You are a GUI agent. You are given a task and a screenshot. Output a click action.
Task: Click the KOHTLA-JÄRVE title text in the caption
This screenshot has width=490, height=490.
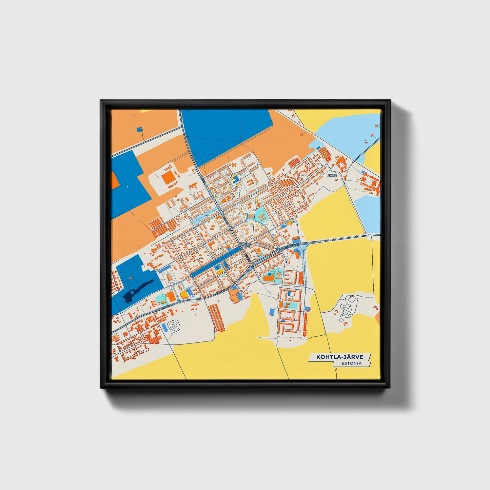[339, 357]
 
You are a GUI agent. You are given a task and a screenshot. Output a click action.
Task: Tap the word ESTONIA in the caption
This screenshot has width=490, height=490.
[352, 364]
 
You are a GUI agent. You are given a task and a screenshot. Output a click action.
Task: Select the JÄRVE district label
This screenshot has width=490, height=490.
[332, 176]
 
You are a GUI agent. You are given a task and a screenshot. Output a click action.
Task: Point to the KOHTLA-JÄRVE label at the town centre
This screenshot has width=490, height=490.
[244, 244]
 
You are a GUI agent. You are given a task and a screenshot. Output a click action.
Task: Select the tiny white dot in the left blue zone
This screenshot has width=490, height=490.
[128, 187]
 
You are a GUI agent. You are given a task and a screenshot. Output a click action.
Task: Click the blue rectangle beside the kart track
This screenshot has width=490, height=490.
[165, 327]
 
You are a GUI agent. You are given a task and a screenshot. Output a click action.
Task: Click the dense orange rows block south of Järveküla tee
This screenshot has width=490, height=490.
[216, 317]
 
